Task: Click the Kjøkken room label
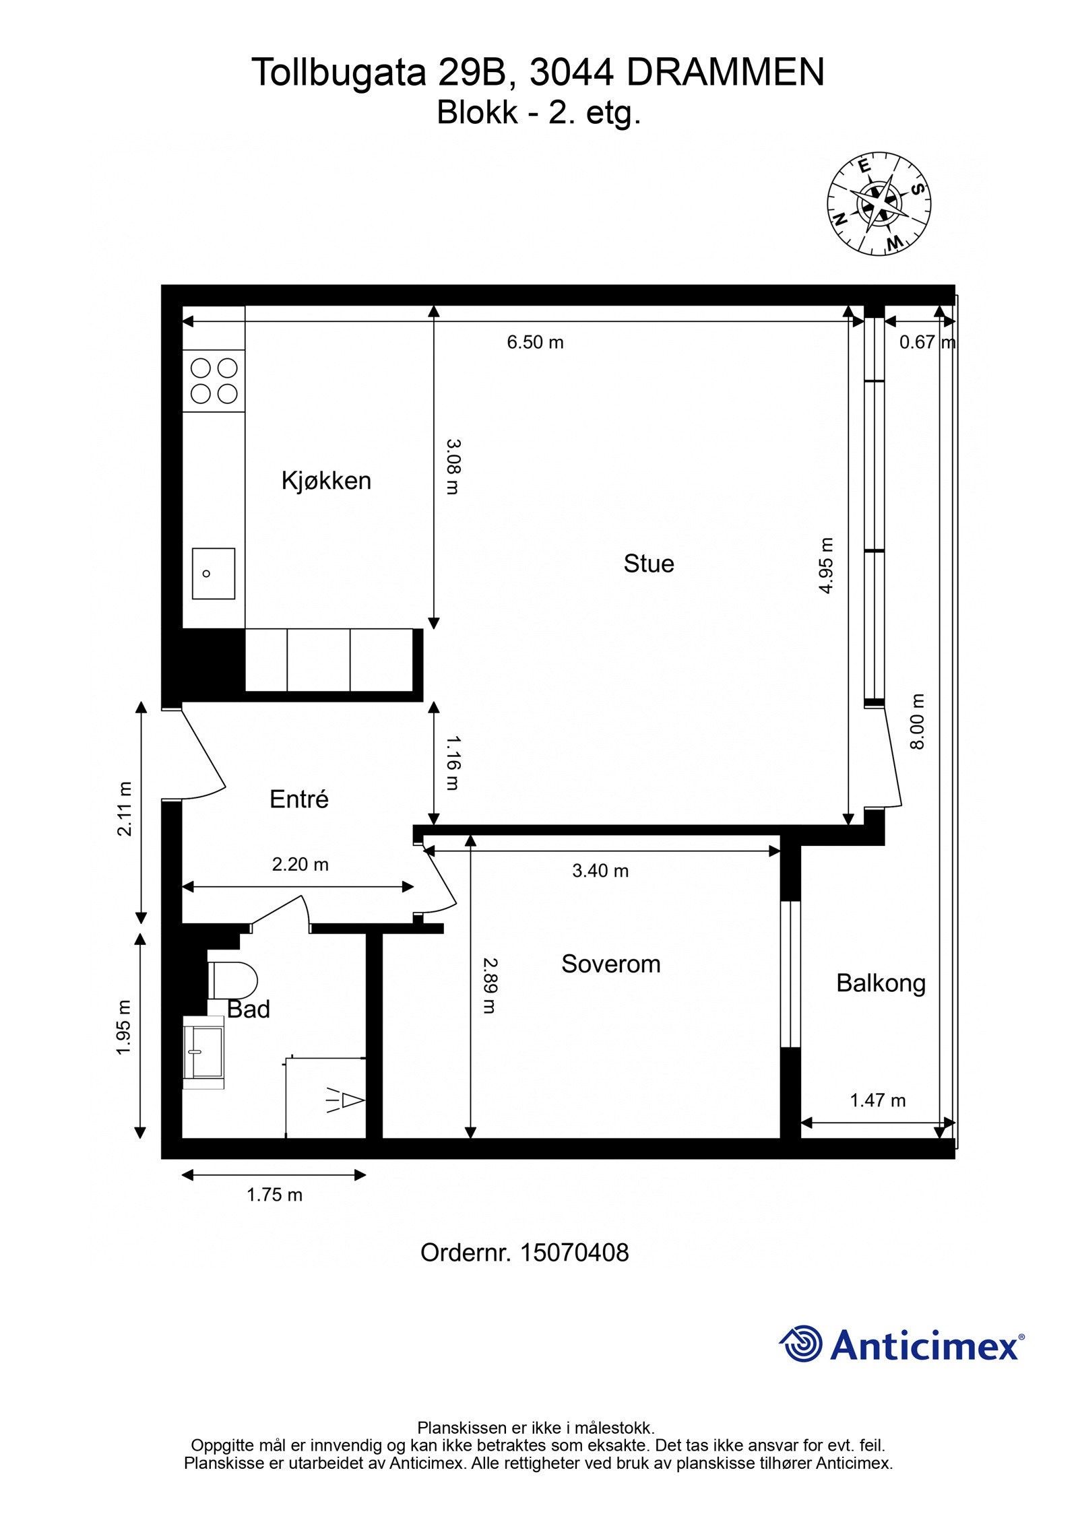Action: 326,481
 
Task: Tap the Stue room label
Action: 648,564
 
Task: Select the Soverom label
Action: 610,964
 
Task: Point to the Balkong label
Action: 881,984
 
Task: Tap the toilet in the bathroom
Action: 232,980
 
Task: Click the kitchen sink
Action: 213,573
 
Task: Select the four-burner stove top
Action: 214,380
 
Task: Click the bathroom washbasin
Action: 203,1053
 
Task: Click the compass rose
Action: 879,203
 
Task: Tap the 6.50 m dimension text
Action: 535,342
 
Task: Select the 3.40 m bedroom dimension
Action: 600,871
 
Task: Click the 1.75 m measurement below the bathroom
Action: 274,1195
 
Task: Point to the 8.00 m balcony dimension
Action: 918,721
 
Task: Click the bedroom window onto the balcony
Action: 790,973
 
